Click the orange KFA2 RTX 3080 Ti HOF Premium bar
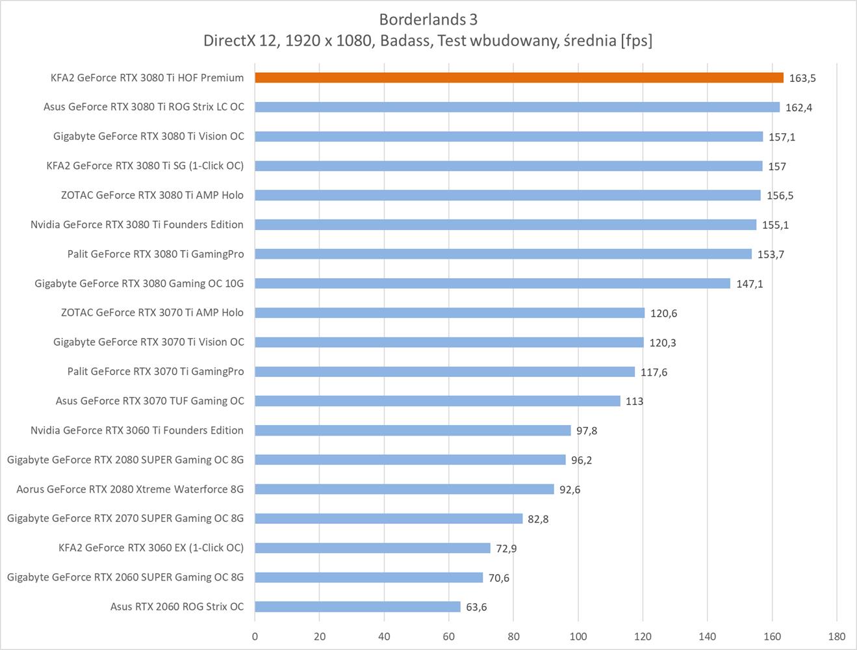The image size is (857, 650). click(518, 77)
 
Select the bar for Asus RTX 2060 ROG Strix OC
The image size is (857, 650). click(357, 606)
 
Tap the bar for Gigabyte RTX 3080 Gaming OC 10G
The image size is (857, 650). click(492, 283)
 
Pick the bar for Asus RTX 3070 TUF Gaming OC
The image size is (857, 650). click(437, 401)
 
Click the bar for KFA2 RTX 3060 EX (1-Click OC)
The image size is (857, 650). click(372, 548)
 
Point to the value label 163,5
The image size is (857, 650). click(802, 78)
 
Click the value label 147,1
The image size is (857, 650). click(749, 284)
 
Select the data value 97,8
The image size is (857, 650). click(586, 431)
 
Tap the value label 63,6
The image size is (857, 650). click(476, 607)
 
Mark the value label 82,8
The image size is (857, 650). click(538, 519)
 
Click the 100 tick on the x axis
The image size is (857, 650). click(578, 636)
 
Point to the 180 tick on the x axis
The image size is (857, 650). click(836, 636)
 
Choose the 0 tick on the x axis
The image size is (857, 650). click(255, 636)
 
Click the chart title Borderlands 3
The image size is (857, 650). click(428, 19)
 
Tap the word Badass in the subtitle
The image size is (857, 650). click(405, 40)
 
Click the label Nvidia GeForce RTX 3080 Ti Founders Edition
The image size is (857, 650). click(136, 224)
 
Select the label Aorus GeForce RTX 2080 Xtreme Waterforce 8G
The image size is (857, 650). click(130, 489)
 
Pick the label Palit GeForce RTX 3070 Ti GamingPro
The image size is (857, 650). click(155, 371)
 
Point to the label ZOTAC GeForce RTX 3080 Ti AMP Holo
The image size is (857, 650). click(152, 195)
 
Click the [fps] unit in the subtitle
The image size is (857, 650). click(636, 40)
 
